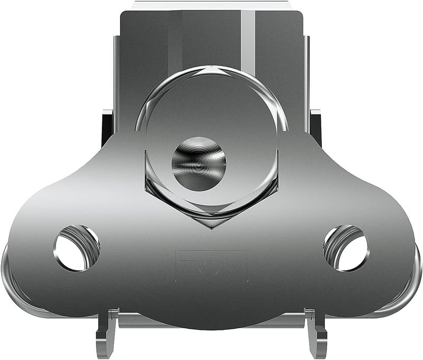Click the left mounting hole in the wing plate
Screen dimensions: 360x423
coord(77,247)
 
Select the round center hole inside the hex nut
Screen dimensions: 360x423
coord(199,163)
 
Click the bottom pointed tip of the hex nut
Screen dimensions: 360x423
coord(212,228)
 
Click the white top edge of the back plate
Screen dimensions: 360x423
coord(212,5)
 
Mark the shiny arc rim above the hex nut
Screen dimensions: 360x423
coord(212,70)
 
